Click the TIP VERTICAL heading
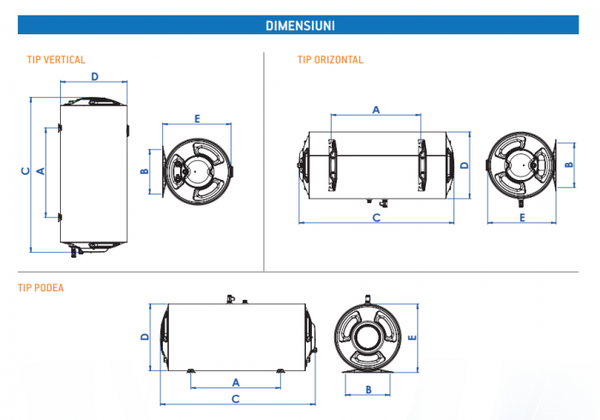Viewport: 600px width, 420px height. coord(57,60)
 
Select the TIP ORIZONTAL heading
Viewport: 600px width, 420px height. coord(331,60)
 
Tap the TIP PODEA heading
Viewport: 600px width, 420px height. coord(41,288)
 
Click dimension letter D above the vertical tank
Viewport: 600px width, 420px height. coord(94,76)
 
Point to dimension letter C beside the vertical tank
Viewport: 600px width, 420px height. coord(25,171)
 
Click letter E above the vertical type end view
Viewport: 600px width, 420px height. coord(197,117)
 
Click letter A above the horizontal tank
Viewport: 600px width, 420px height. coord(376,109)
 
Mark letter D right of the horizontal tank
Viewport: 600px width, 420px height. coord(464,165)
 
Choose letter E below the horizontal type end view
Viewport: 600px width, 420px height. coord(522,218)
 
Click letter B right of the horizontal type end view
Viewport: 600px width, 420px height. coord(569,164)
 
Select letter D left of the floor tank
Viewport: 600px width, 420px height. coord(145,336)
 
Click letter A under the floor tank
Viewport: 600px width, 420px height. coord(236,381)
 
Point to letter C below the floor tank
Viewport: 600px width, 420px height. coord(236,399)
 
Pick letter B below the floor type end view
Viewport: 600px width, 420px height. coord(368,390)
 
